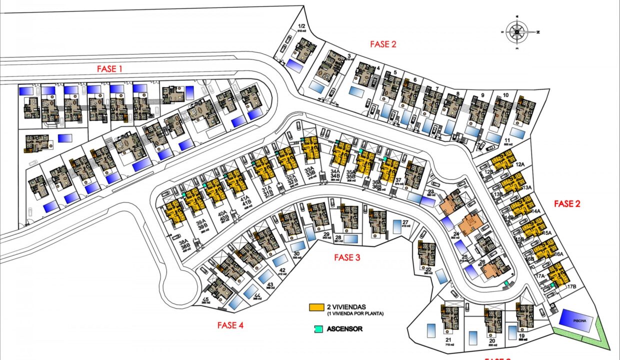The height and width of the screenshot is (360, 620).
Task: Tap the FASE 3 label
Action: click(x=347, y=258)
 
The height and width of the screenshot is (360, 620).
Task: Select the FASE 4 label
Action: click(x=230, y=325)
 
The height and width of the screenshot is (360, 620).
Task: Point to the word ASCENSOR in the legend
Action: click(x=344, y=329)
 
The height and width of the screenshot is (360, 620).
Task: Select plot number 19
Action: click(x=521, y=336)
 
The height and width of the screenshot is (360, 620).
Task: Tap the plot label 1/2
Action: click(x=301, y=26)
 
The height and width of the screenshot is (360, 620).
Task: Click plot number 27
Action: click(x=405, y=222)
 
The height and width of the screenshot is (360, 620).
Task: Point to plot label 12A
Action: click(x=520, y=164)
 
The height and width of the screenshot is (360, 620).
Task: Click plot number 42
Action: click(x=282, y=270)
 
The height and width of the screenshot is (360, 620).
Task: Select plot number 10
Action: click(x=505, y=94)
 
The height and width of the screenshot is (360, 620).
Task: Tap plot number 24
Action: click(x=455, y=233)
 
